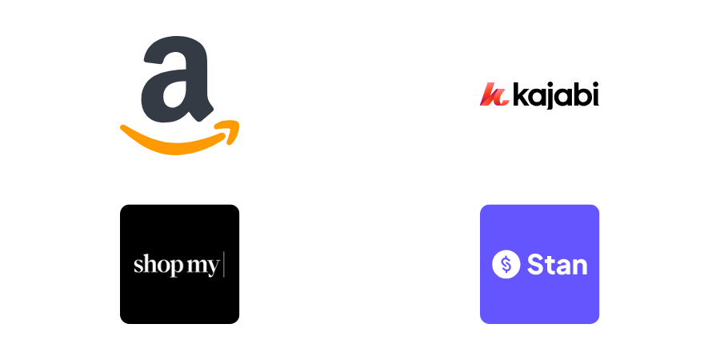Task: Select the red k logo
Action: click(494, 95)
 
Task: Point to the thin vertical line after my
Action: click(224, 264)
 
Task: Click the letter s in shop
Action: click(138, 265)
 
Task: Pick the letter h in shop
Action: click(147, 263)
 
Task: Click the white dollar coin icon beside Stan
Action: click(506, 264)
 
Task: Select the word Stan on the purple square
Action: click(557, 264)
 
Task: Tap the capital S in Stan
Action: click(534, 264)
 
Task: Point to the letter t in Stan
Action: click(548, 264)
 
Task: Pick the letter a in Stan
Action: click(563, 266)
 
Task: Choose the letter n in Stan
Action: click(580, 266)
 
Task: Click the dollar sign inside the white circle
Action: click(506, 264)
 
